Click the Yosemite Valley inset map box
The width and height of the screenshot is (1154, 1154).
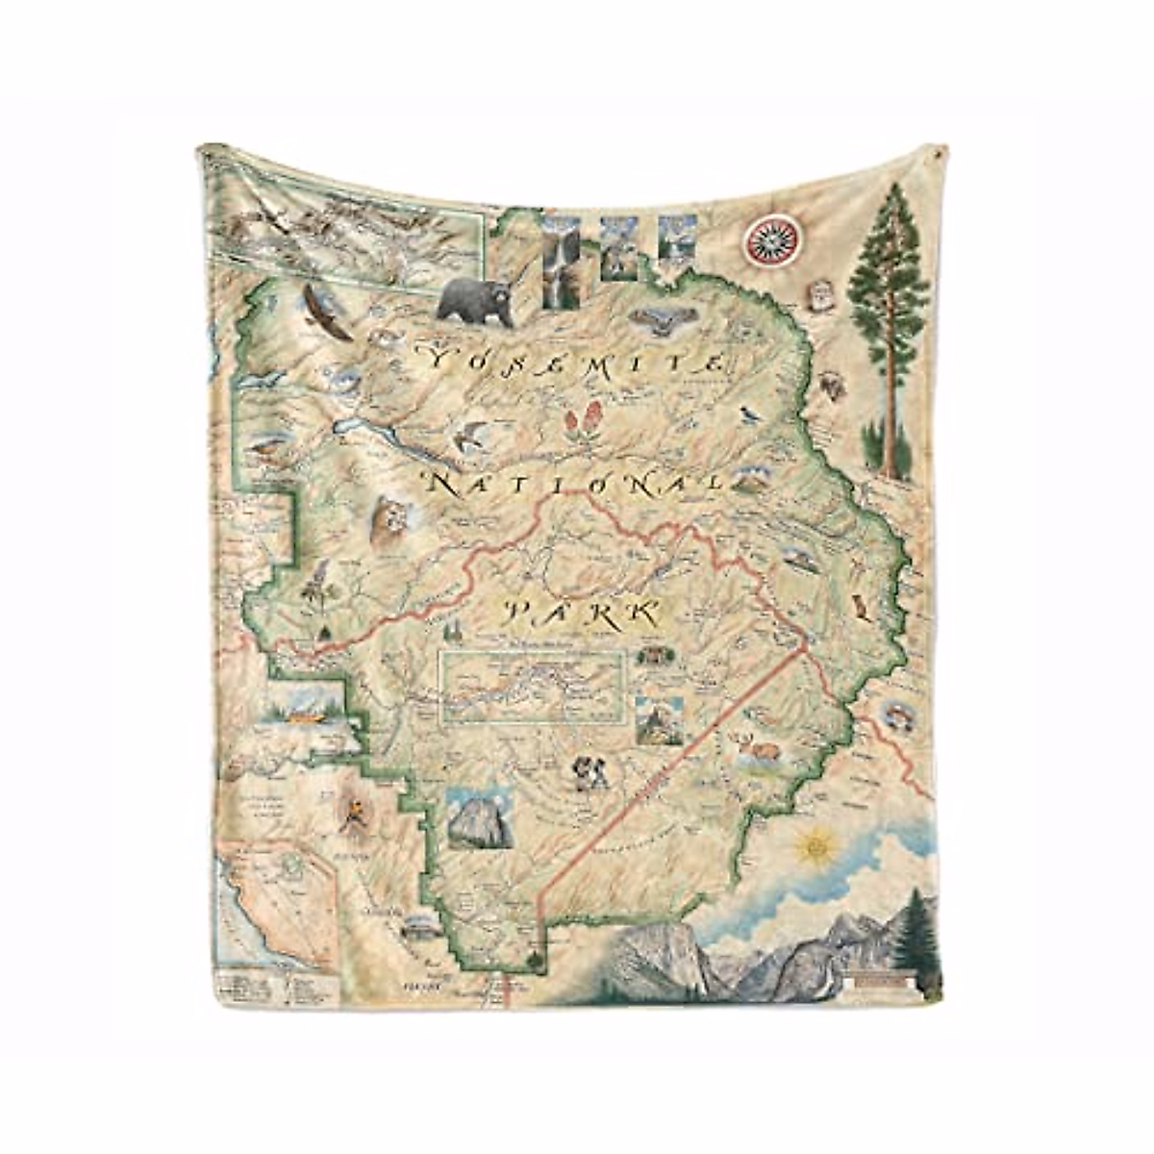pyautogui.click(x=533, y=686)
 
